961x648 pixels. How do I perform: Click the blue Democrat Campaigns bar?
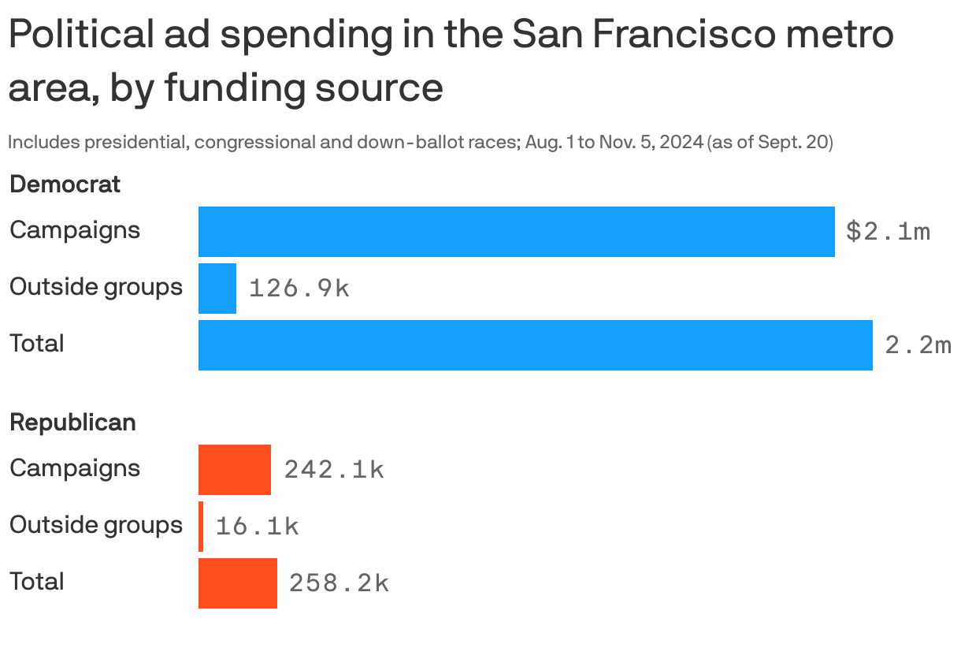click(516, 232)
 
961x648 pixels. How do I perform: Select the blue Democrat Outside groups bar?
click(217, 289)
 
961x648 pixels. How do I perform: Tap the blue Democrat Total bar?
click(535, 345)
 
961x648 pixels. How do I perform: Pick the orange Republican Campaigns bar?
click(235, 470)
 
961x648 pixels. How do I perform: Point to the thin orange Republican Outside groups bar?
click(201, 527)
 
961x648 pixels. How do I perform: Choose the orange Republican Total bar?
click(238, 583)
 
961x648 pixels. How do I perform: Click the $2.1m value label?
click(888, 232)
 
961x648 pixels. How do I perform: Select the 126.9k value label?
click(299, 289)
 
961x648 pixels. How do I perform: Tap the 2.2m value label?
click(918, 345)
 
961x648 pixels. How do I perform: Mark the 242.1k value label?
click(334, 470)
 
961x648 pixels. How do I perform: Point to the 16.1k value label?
click(257, 527)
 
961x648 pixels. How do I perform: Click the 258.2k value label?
click(339, 583)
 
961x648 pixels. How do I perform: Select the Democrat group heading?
click(65, 184)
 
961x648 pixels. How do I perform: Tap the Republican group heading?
click(72, 423)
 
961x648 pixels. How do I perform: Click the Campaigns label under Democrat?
click(75, 230)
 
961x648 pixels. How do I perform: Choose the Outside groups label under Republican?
click(95, 525)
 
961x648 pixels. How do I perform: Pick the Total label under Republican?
click(36, 582)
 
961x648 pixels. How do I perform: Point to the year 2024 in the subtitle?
click(681, 143)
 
